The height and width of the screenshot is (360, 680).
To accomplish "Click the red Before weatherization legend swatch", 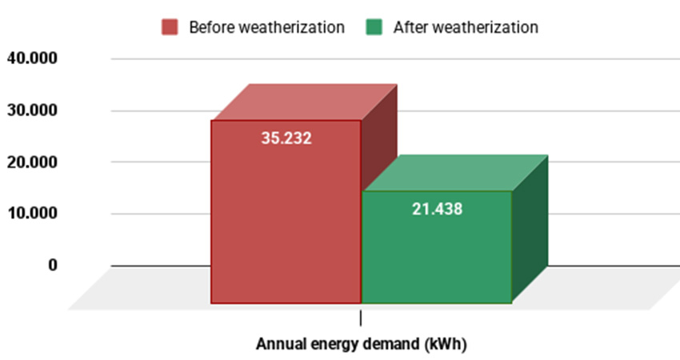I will point(170,27).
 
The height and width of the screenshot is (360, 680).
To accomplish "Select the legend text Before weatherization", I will point(266,27).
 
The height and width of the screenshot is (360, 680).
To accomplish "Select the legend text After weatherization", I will point(466,27).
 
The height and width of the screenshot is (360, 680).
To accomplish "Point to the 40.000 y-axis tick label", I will point(32,58).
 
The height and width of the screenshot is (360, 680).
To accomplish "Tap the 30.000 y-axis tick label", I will point(32,110).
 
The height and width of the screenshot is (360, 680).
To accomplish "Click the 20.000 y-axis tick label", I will point(32,162).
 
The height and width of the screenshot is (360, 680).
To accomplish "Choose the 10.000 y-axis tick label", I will point(32,214).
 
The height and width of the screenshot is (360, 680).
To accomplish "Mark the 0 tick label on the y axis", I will point(52,265).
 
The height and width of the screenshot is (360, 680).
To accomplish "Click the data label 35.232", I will point(286,138).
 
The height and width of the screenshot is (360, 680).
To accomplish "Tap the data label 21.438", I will point(437,209).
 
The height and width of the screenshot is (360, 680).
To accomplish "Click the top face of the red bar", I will point(304,102).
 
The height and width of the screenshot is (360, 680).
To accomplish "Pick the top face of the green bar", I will point(454,173).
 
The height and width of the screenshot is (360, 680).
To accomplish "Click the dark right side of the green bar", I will point(530,232).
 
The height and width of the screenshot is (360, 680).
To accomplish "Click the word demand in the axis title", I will point(394,345).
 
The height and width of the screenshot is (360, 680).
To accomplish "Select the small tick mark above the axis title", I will point(361,318).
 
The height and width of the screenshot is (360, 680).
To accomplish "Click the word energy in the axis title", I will point(334,345).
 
